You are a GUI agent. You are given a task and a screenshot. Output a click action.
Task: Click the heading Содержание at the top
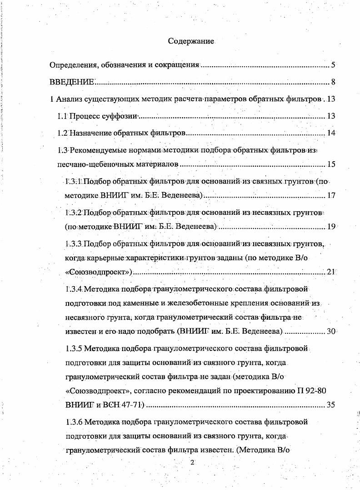[x=191, y=41]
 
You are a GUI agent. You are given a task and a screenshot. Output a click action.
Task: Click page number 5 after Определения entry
[x=333, y=65]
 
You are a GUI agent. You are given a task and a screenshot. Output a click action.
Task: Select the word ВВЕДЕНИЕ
[x=72, y=82]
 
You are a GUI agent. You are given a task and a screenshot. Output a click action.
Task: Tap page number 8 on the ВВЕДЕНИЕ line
[x=333, y=82]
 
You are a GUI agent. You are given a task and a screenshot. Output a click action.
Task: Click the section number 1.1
[x=62, y=116]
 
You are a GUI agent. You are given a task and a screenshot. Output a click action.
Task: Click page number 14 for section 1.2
[x=331, y=134]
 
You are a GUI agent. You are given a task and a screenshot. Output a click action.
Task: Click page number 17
[x=331, y=196]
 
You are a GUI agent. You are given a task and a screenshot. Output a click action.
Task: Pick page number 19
[x=331, y=226]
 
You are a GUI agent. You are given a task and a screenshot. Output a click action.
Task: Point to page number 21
[x=331, y=272]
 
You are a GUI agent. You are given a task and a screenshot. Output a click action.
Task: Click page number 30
[x=331, y=331]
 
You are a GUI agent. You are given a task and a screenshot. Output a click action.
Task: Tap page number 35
[x=330, y=404]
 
